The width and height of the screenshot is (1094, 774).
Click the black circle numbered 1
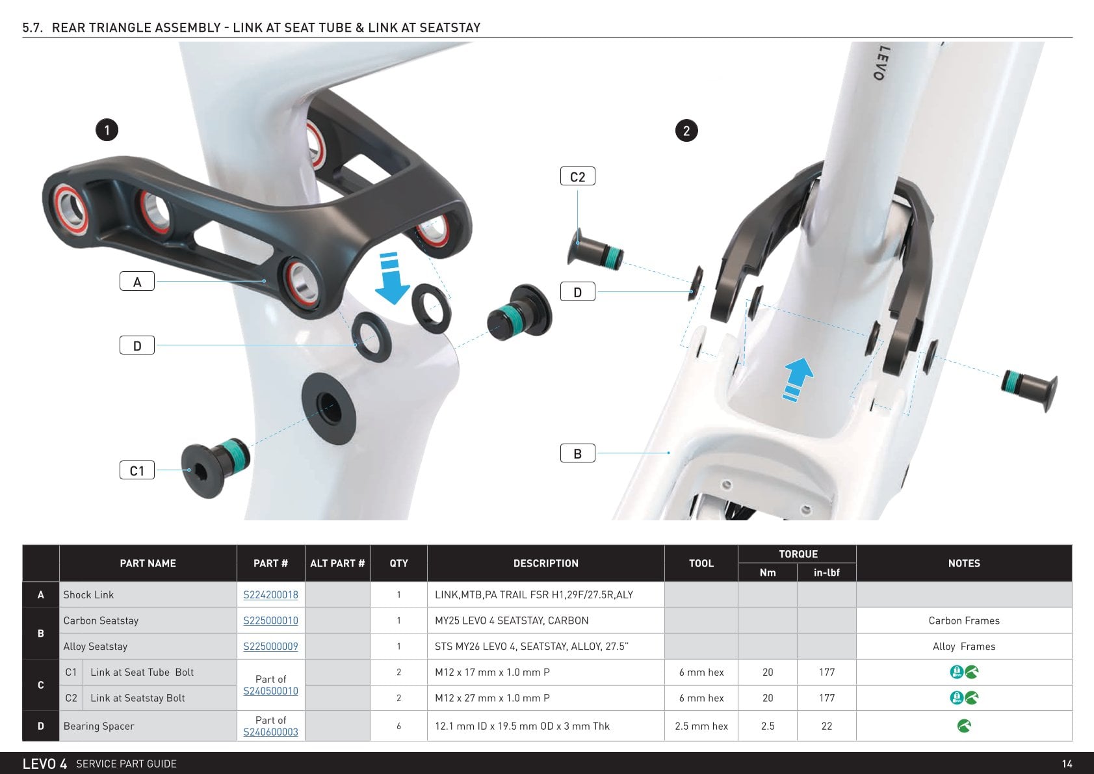107,130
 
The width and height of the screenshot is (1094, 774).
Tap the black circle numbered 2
686,131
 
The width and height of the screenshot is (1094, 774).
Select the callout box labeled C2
577,176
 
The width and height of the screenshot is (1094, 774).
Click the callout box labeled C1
137,470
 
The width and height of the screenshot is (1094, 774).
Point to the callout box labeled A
137,281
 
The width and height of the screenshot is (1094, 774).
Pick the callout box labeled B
577,453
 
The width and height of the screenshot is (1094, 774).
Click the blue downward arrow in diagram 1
392,278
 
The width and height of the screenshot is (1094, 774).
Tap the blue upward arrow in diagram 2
797,380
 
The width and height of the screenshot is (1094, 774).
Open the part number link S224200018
270,594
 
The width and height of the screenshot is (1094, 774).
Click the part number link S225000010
270,621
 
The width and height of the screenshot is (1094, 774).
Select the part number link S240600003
270,732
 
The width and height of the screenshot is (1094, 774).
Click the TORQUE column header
798,554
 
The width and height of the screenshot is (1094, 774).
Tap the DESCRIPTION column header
545,563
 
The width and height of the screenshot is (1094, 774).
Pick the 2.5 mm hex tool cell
701,726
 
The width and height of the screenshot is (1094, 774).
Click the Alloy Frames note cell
963,647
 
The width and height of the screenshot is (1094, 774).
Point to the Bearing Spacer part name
99,726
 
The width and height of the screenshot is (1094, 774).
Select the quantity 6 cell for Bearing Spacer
398,726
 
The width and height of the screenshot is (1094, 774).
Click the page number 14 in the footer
1067,764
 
